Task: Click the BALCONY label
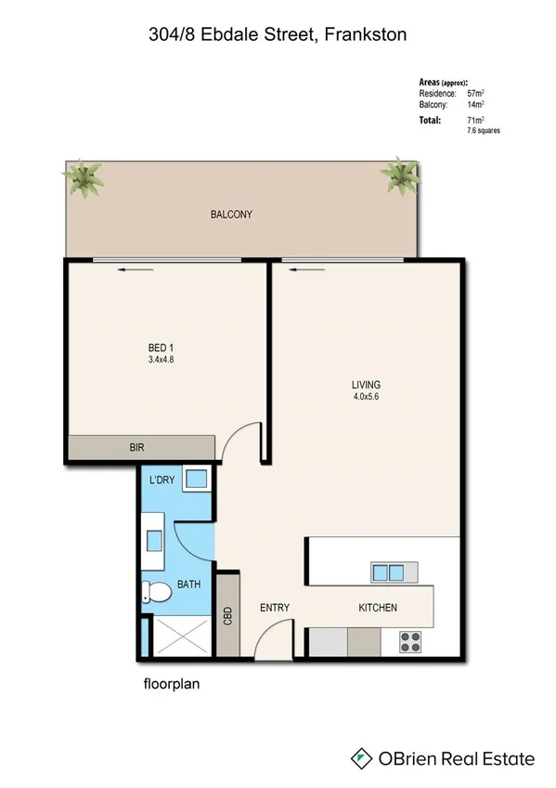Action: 231,215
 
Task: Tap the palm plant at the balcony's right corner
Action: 402,174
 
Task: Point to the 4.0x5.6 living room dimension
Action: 366,397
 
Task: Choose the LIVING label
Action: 366,385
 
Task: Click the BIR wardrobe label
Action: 136,447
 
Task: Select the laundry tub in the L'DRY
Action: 196,480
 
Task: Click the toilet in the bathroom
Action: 155,589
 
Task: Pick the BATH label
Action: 189,585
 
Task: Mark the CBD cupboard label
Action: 227,616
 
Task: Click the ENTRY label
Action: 275,608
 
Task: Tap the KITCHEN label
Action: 378,608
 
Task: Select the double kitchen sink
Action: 388,571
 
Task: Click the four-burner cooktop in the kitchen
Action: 411,640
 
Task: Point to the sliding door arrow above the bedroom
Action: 136,270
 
